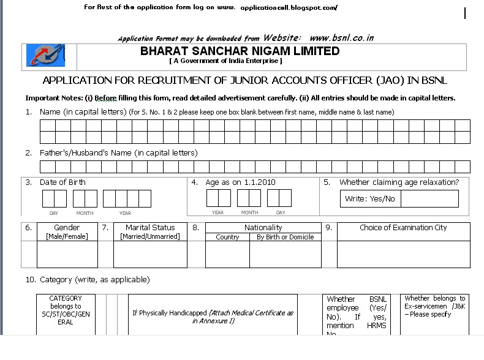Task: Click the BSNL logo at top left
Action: [42, 56]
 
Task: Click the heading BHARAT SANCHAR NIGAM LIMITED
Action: [240, 51]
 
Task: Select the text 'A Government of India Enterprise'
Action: [225, 61]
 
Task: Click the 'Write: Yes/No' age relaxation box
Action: [370, 199]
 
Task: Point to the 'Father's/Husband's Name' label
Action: [118, 153]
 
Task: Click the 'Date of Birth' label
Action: [62, 182]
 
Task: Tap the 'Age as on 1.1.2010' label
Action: [241, 182]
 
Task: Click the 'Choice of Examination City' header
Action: [403, 228]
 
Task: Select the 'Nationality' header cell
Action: [263, 228]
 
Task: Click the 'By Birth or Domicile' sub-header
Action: [285, 237]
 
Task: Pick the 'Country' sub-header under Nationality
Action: [227, 237]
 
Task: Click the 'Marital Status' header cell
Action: [150, 228]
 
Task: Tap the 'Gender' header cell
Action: [67, 228]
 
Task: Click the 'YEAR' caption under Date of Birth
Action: [125, 213]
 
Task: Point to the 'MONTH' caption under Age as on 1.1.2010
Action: [249, 213]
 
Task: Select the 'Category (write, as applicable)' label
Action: [95, 280]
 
